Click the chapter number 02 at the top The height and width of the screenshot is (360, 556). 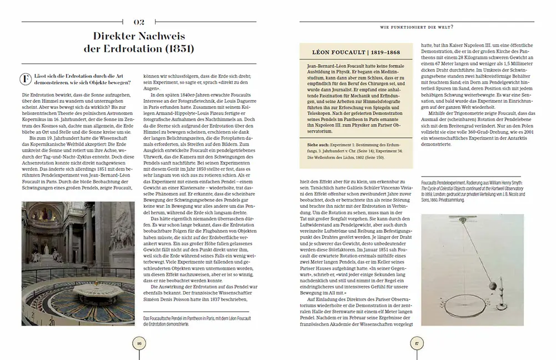point(139,22)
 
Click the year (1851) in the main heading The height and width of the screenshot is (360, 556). point(174,49)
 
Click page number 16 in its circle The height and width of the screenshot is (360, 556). point(139,343)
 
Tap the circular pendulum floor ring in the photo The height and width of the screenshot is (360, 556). point(78,303)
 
